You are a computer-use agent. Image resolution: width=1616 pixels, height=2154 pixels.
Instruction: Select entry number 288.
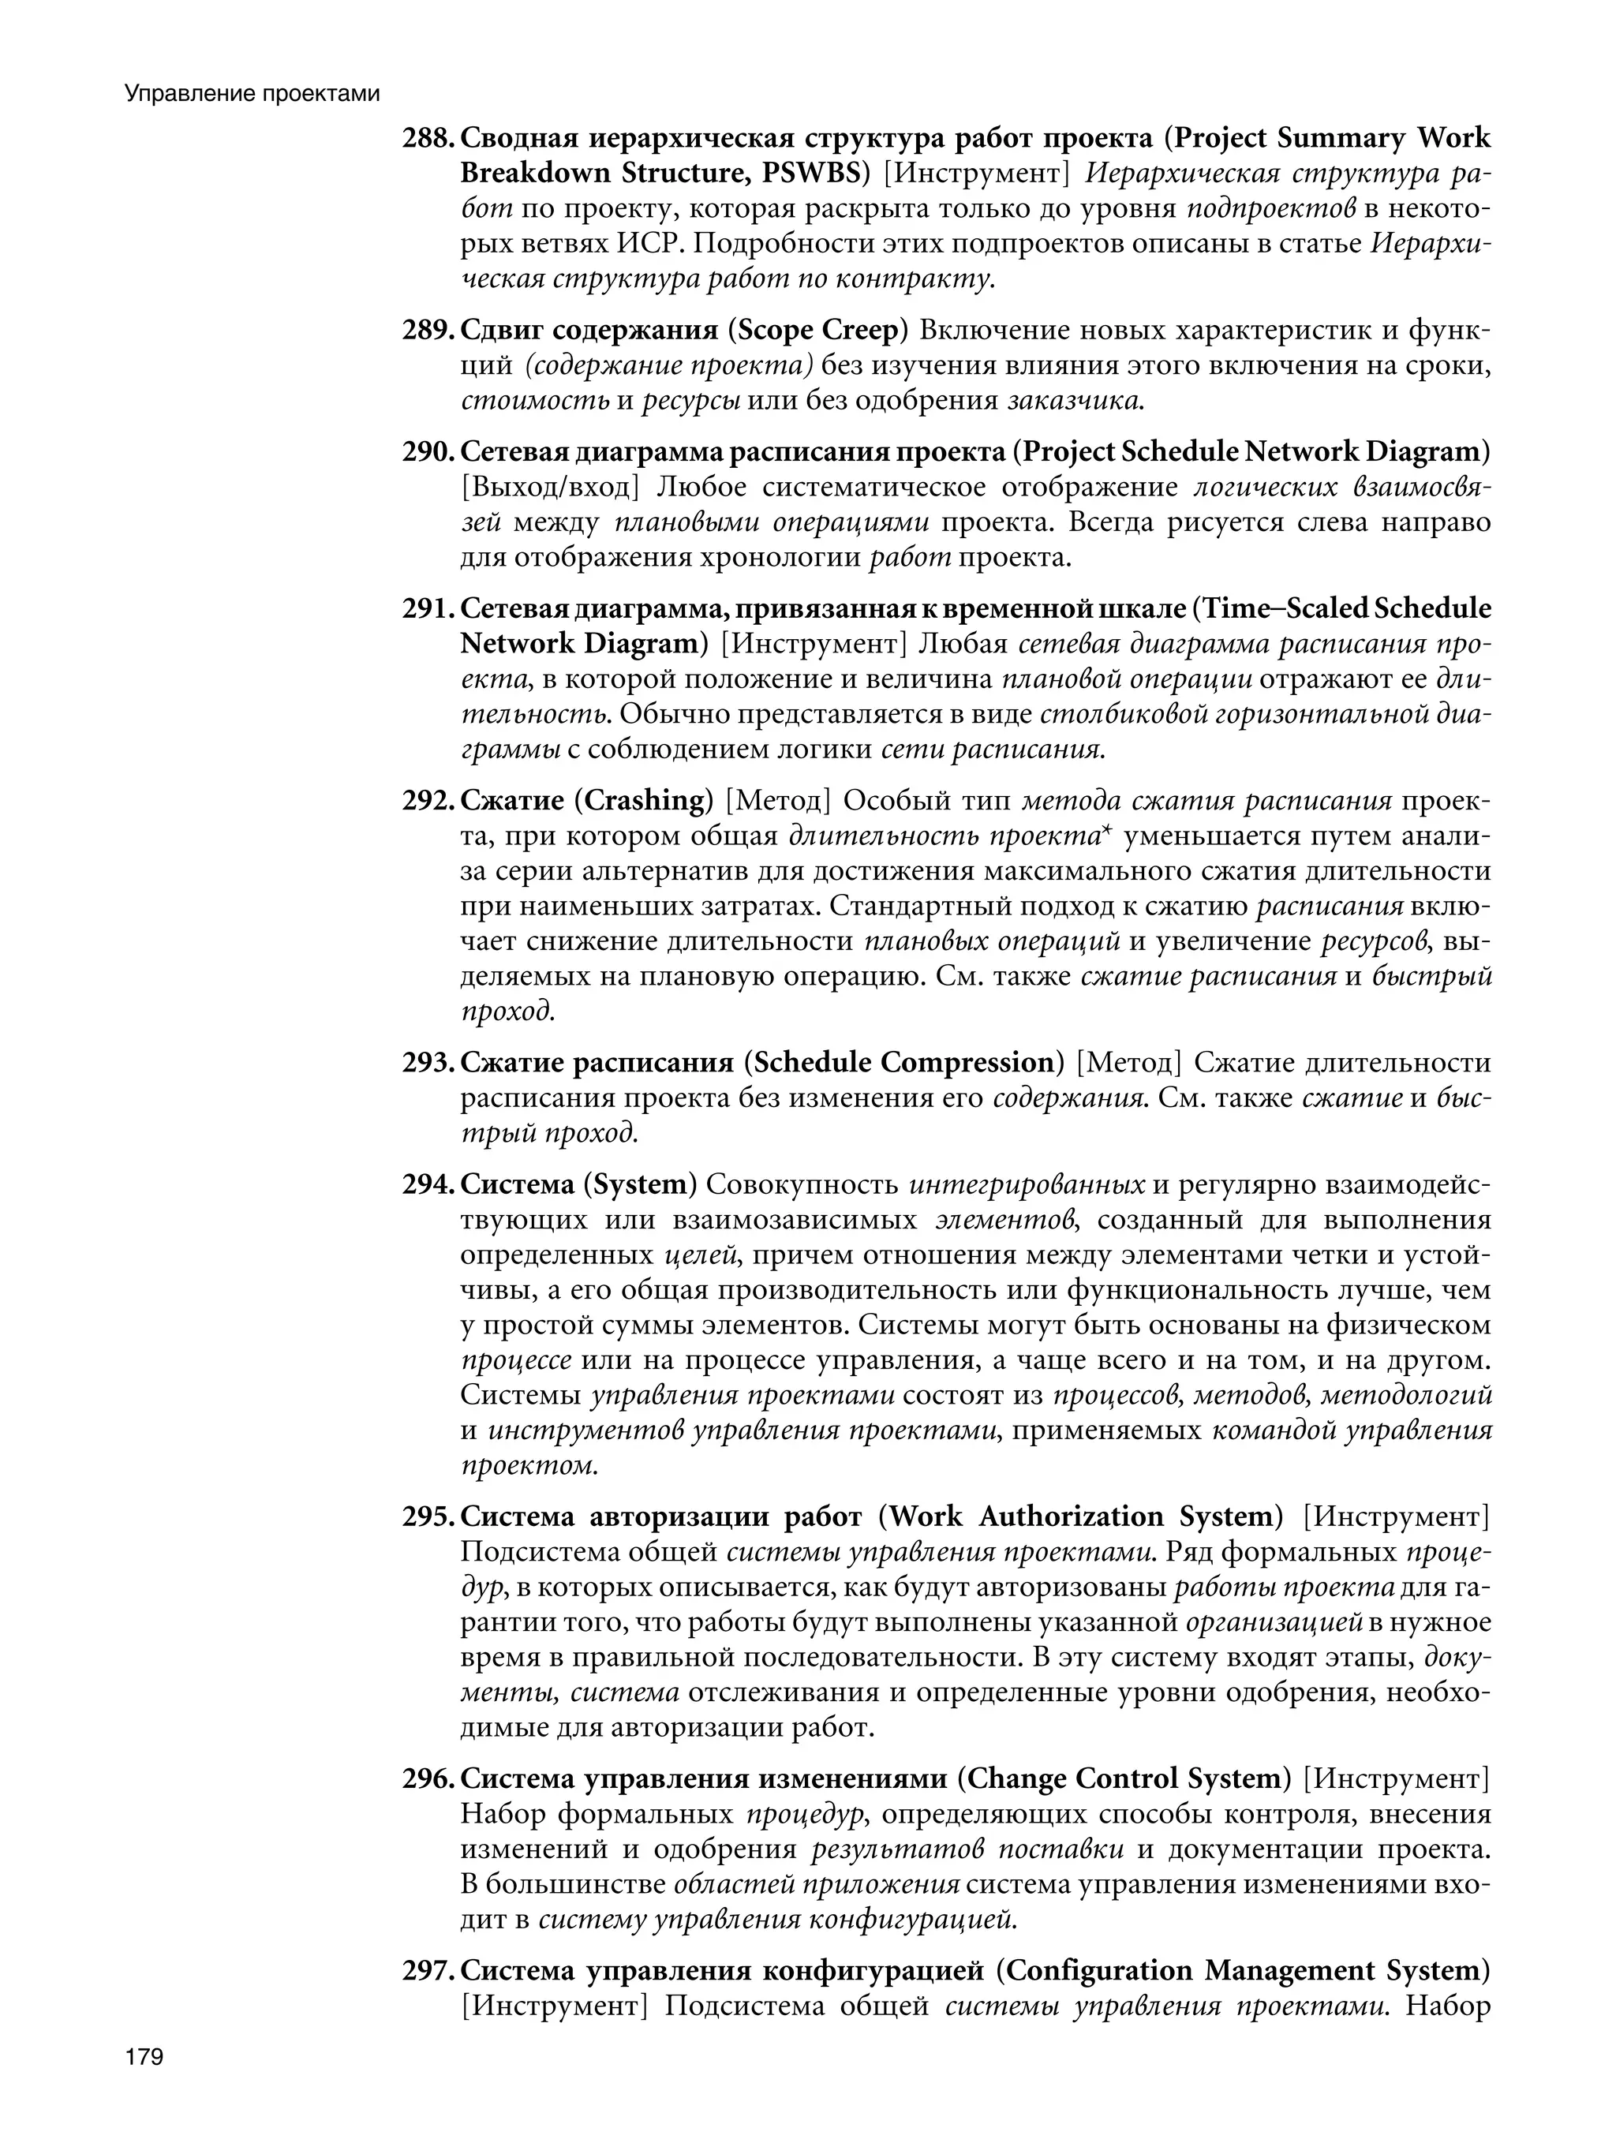coord(427,138)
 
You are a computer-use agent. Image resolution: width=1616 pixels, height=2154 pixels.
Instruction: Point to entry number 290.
coord(427,452)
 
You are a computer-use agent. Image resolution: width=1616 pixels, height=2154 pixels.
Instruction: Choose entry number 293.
coord(427,1061)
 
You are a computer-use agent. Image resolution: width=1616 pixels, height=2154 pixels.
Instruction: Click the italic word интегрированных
coord(1027,1184)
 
